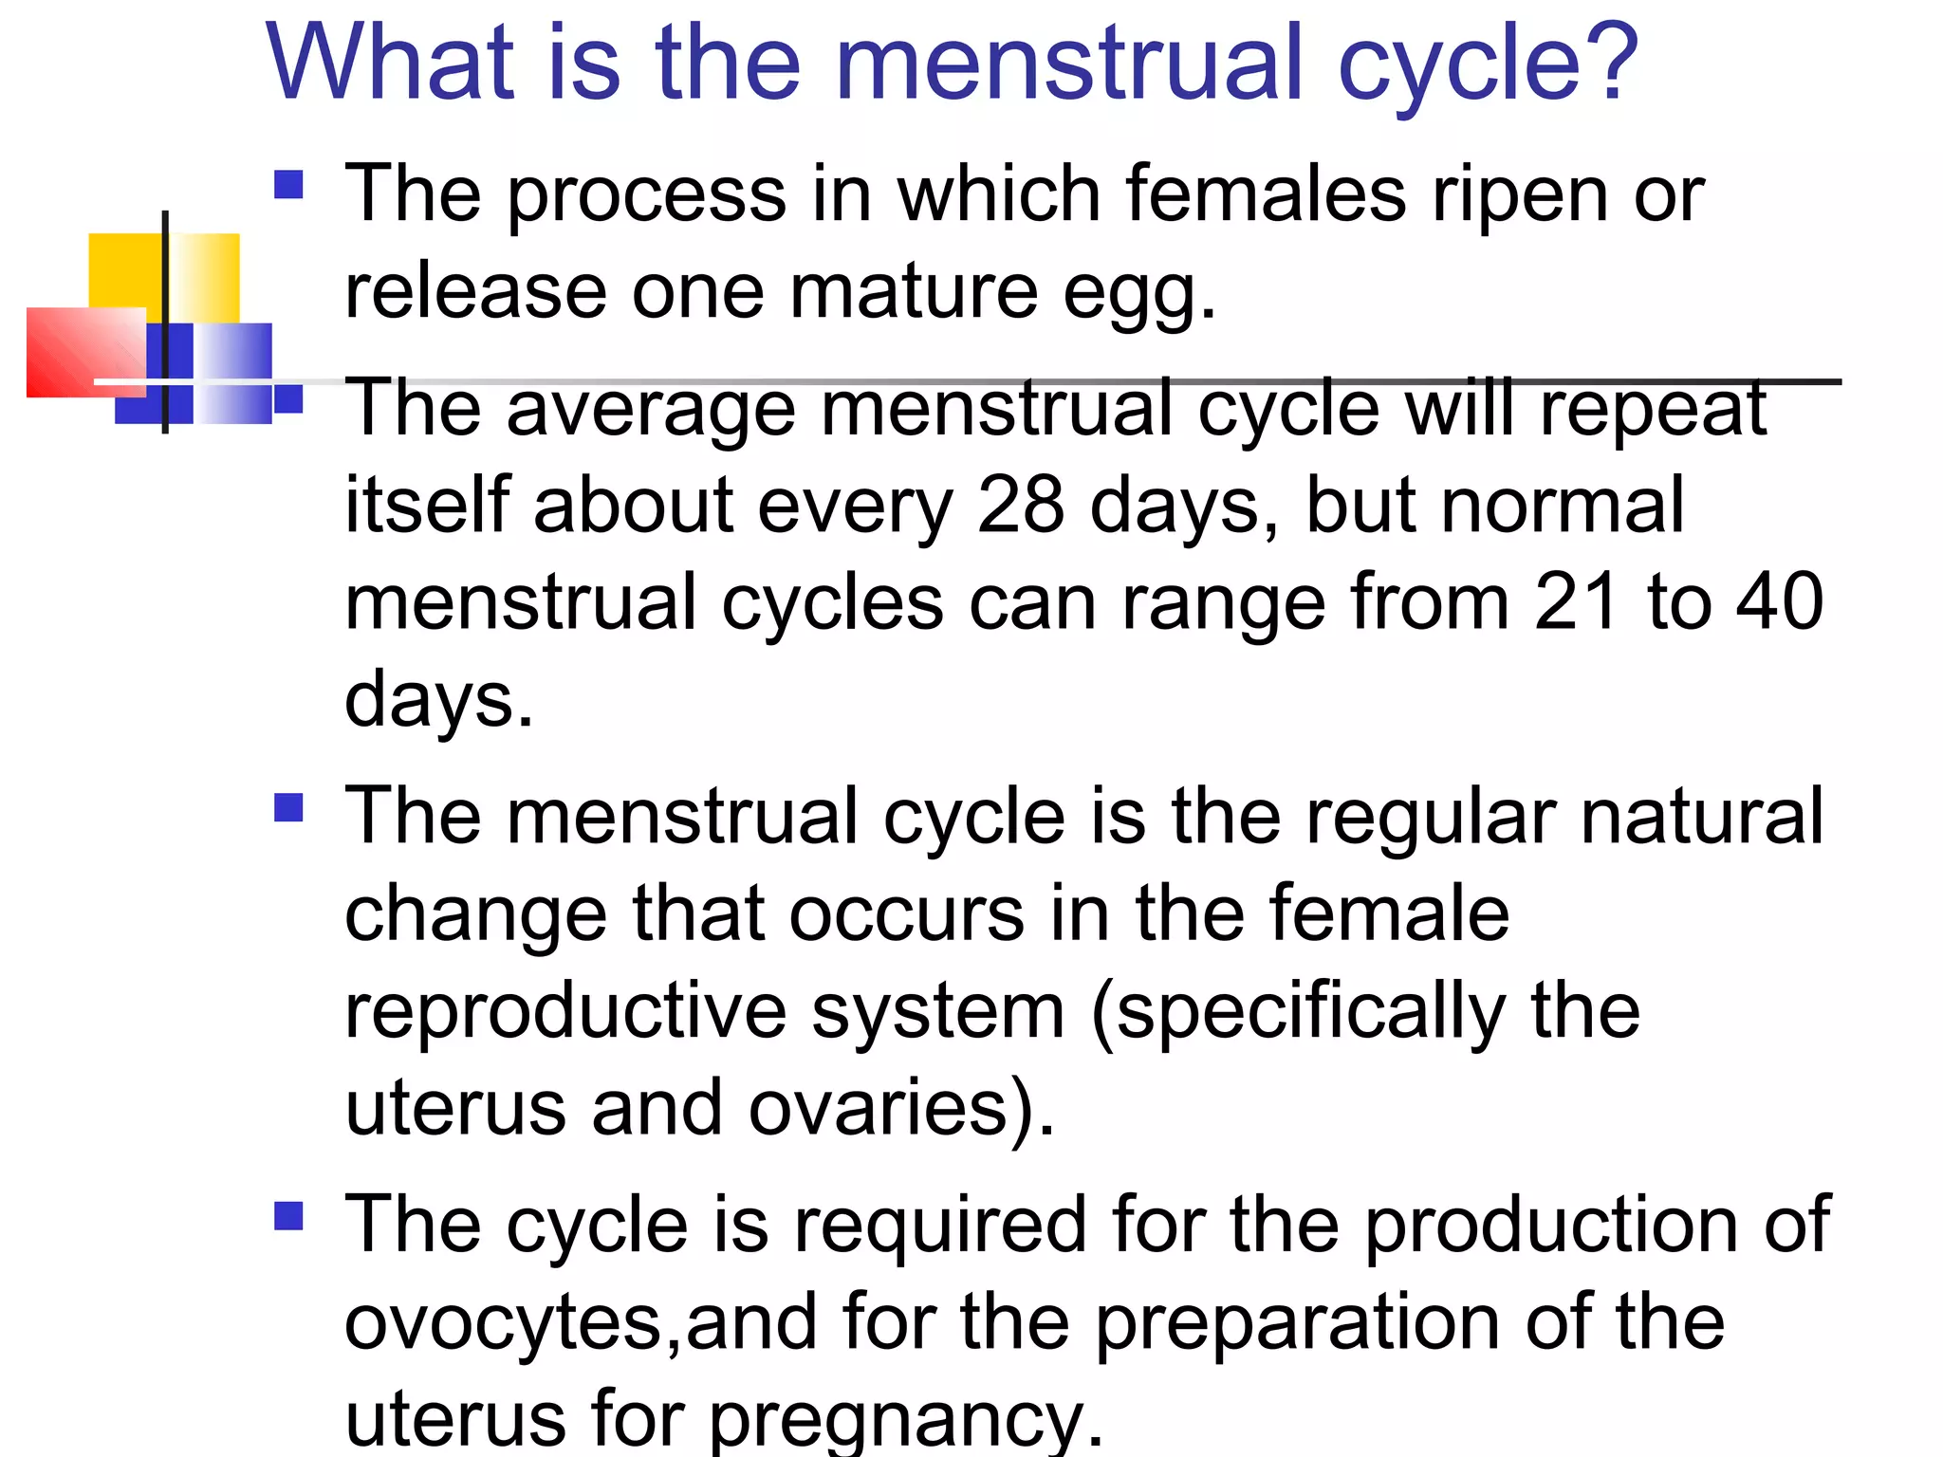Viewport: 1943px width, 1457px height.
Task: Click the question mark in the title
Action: click(1604, 62)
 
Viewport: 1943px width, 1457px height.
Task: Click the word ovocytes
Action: click(502, 1323)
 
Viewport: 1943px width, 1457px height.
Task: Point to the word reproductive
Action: click(565, 1011)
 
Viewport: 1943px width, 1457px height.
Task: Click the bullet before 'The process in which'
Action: click(288, 184)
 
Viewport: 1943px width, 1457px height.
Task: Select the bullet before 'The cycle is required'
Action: click(288, 1216)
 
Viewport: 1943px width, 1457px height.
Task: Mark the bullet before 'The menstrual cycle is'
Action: click(288, 808)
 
